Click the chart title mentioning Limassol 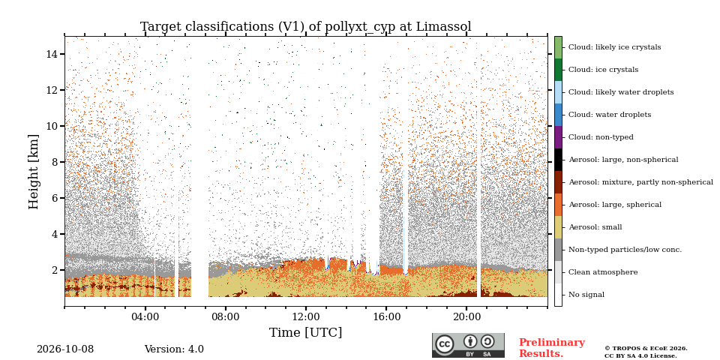pos(306,27)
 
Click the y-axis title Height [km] pos(34,172)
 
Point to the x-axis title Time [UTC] pos(306,332)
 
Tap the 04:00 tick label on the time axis pos(145,316)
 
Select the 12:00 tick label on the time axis pos(306,316)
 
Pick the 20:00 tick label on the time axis pos(466,316)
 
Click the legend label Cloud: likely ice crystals pos(615,47)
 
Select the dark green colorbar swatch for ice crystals pos(558,70)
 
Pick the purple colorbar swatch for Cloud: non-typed pos(558,137)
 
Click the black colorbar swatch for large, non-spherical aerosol pos(558,160)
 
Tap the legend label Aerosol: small pos(595,227)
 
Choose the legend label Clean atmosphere pos(603,272)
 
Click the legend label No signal pos(586,295)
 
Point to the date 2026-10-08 pos(65,349)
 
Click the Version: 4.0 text pos(174,349)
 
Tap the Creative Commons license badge pos(468,345)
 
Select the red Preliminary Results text pos(552,348)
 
